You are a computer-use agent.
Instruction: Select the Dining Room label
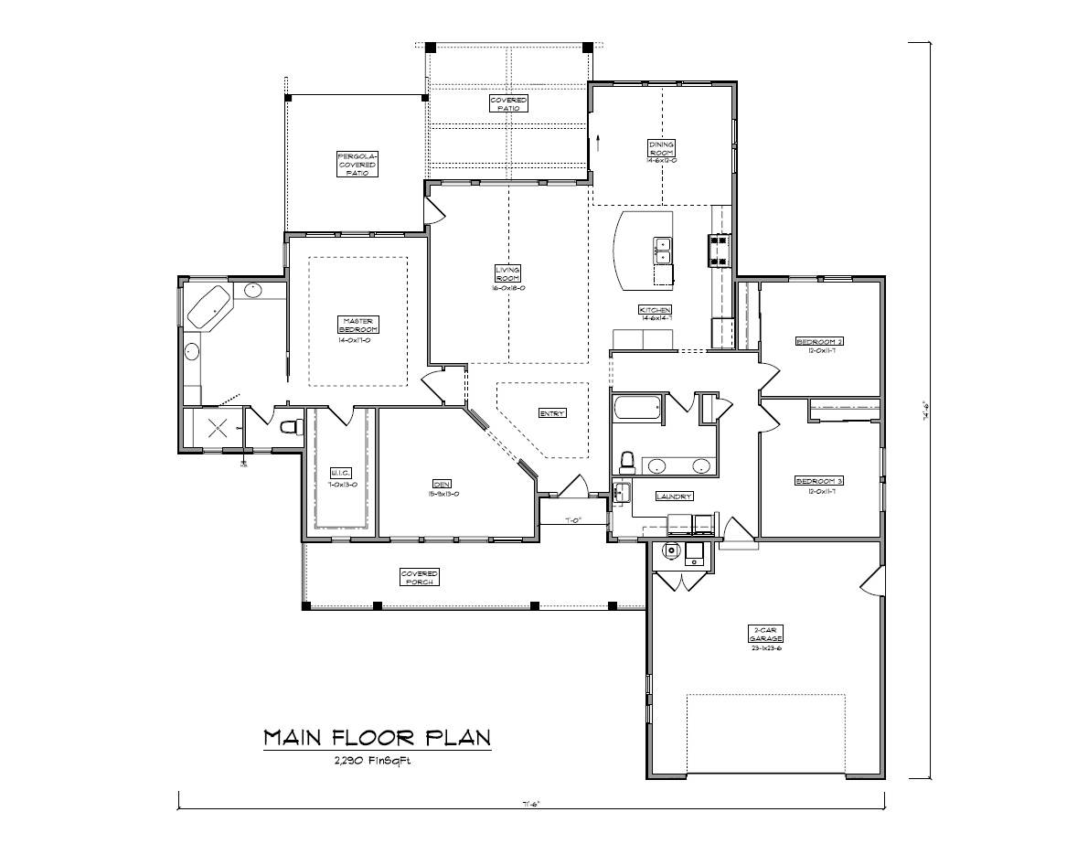click(x=661, y=149)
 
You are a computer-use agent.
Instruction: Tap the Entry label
click(x=552, y=413)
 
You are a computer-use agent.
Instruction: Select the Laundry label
click(x=674, y=497)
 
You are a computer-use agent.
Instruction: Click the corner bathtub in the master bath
click(x=210, y=306)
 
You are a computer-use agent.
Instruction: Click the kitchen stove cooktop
click(x=717, y=250)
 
